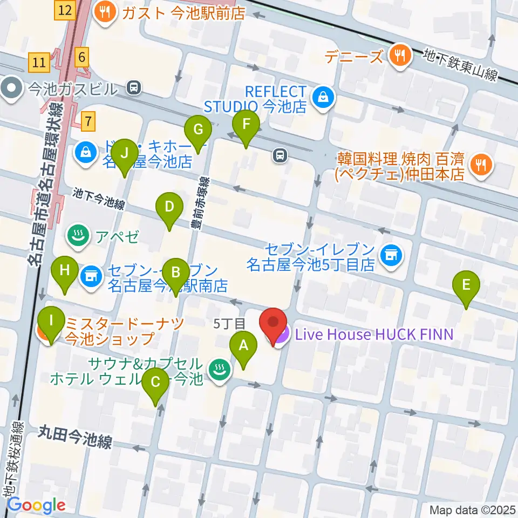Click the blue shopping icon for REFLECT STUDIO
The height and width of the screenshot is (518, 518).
[x=323, y=98]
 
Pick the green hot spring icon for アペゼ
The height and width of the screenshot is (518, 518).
[x=79, y=236]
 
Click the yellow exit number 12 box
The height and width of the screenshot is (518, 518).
[x=65, y=10]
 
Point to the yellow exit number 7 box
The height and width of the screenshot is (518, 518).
[x=88, y=120]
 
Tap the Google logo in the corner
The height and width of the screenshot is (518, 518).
[x=36, y=506]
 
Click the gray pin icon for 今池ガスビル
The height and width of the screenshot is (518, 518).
[x=10, y=88]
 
